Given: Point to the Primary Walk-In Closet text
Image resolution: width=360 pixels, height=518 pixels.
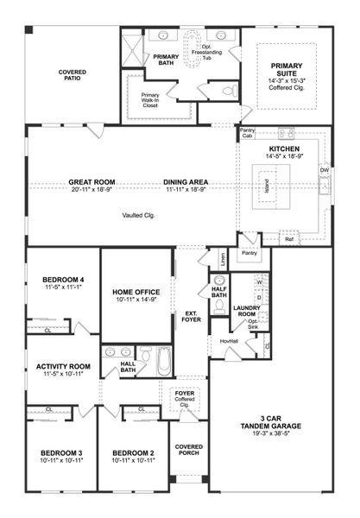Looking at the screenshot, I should pos(150,99).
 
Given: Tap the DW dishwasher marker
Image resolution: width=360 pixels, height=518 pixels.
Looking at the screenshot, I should pos(325,170).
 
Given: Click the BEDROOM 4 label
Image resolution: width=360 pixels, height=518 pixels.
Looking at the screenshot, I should pos(63,280).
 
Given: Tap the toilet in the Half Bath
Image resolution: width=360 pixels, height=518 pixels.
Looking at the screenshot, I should pos(219,281).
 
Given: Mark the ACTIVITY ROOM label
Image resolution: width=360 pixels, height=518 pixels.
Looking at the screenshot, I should pos(63,366).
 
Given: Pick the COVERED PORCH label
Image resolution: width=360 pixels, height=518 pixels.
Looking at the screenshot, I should pos(188,451).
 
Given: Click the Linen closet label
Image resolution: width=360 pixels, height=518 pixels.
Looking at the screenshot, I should pos(223,256).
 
